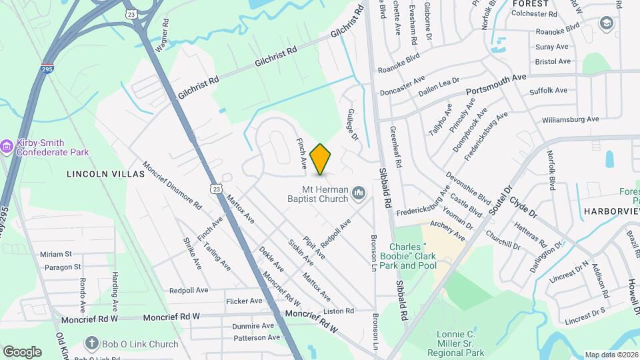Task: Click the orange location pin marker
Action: pyautogui.click(x=320, y=159)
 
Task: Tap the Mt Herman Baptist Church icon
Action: pyautogui.click(x=359, y=193)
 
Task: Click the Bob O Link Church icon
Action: pyautogui.click(x=93, y=343)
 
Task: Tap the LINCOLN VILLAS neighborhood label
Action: pyautogui.click(x=105, y=174)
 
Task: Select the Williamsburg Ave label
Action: pyautogui.click(x=571, y=119)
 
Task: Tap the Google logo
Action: pyautogui.click(x=22, y=351)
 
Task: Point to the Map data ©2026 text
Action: pyautogui.click(x=611, y=355)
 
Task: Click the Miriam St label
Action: pyautogui.click(x=56, y=255)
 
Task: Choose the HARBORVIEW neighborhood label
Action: pyautogui.click(x=611, y=211)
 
